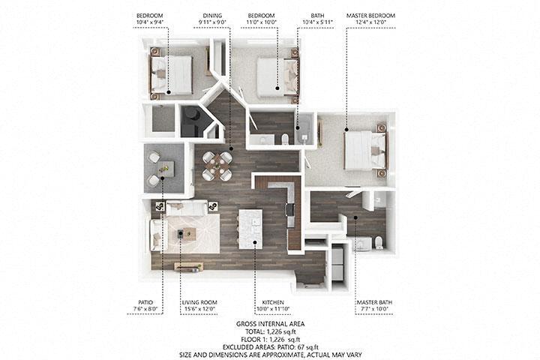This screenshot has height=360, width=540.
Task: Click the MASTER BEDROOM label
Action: [x=370, y=15]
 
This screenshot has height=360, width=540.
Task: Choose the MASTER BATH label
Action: [x=371, y=303]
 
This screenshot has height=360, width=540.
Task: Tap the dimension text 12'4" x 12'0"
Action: [x=370, y=22]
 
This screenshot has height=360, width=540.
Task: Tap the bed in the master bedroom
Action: [x=364, y=150]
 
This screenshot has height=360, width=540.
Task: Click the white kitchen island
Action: [x=250, y=229]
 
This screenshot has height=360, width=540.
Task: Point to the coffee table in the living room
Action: [x=184, y=235]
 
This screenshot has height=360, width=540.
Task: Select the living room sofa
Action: [x=183, y=208]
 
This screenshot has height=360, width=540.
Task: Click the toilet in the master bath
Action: [x=378, y=241]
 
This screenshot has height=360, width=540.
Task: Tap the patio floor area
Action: [x=164, y=169]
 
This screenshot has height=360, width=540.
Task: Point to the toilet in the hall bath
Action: [x=286, y=138]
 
